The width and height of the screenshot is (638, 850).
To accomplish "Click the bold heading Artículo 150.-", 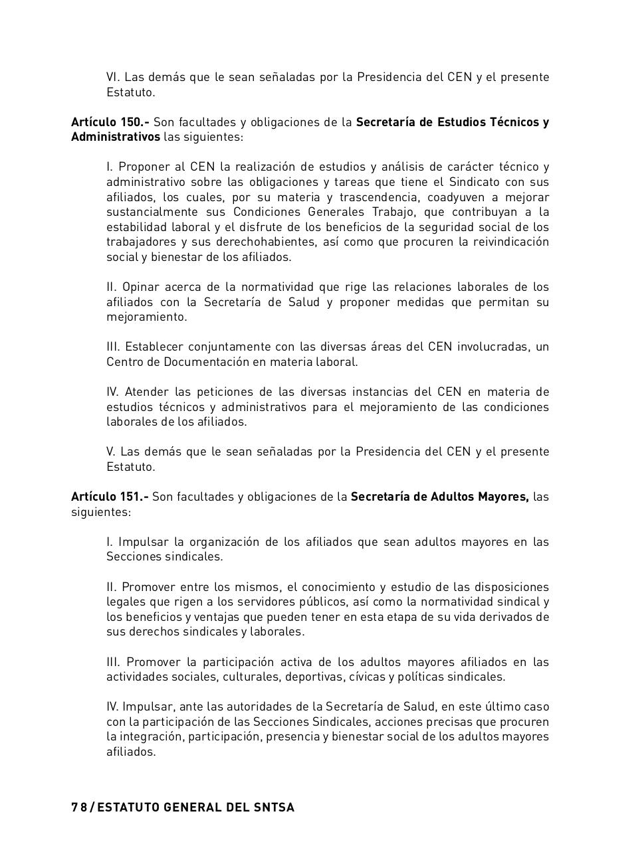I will coord(110,122).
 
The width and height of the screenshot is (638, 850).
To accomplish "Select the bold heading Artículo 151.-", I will coord(110,497).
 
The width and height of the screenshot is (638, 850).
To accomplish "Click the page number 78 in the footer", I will coord(79,807).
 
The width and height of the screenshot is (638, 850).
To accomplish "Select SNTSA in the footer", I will coord(274,807).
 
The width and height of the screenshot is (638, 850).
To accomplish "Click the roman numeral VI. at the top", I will coord(113,77).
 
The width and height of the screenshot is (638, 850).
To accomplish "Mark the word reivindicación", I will coord(510,242).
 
